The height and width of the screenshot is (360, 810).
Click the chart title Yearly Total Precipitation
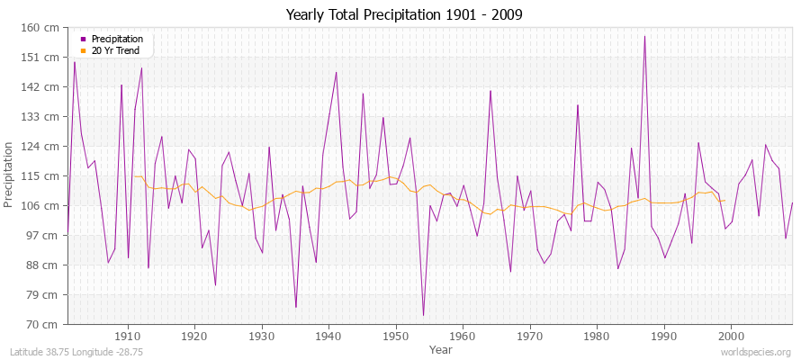tap(404, 14)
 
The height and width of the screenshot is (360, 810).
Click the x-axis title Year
tap(441, 348)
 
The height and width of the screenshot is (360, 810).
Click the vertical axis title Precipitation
tap(10, 175)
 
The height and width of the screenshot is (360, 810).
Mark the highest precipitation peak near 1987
tap(644, 36)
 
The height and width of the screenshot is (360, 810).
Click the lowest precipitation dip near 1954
tap(423, 315)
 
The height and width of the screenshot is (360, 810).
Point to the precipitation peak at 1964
tap(490, 91)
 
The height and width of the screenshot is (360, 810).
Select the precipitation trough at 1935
tap(295, 307)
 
